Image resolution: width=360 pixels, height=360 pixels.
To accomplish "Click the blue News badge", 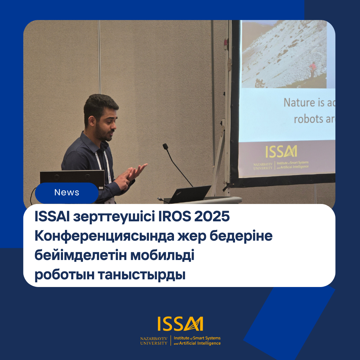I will click(x=67, y=193).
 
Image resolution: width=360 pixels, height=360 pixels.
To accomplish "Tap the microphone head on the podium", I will click(x=165, y=146).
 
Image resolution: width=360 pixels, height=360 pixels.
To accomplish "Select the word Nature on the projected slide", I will click(x=299, y=103).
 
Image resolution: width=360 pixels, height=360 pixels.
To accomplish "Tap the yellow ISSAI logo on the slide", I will click(x=281, y=152).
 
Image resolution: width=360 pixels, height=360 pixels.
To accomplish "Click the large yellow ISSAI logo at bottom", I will click(x=180, y=324).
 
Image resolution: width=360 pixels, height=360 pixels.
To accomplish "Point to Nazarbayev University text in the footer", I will click(x=154, y=341).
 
